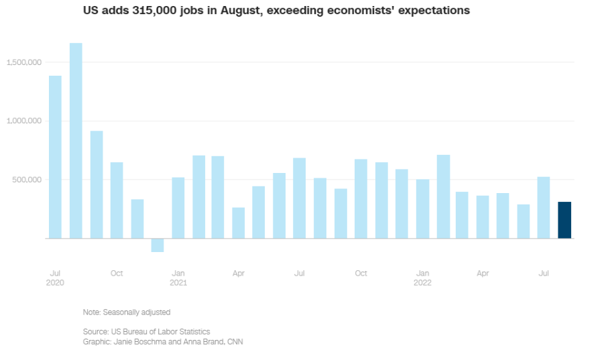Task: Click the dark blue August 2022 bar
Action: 564,220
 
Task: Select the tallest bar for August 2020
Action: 76,141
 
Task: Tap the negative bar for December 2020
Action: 158,245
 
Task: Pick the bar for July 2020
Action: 55,157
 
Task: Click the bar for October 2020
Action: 117,200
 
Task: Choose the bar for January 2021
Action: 178,208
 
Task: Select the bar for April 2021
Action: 239,223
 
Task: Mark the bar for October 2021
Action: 361,198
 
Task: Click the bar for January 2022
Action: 422,208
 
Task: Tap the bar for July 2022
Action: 544,207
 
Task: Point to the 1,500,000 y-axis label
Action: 24,62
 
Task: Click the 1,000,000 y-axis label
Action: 24,121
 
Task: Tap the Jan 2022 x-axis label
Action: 422,278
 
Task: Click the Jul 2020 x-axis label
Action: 56,278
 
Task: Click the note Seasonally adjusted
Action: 127,312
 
